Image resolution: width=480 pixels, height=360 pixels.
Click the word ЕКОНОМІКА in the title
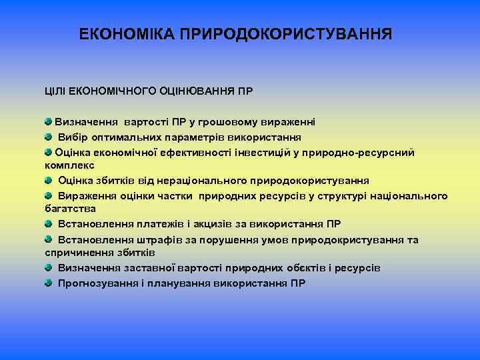click(127, 33)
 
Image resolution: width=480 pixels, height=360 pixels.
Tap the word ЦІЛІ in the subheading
click(57, 90)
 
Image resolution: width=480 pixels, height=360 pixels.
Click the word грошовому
click(233, 123)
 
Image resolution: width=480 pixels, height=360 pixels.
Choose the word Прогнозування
click(97, 283)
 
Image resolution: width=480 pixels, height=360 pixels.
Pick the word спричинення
click(74, 253)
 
